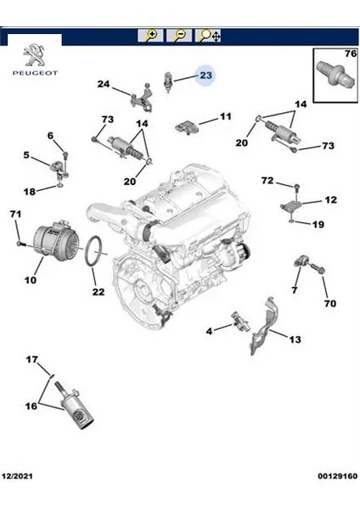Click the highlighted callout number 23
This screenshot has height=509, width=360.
[205, 76]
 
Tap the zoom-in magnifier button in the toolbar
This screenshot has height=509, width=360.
[150, 36]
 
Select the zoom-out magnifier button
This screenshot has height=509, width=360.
[179, 36]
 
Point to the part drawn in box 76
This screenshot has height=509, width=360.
[335, 74]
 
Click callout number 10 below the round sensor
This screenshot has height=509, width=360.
[31, 280]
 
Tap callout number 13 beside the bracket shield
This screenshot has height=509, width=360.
[295, 339]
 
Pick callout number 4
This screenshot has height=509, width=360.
[209, 331]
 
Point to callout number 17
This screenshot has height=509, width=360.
[32, 360]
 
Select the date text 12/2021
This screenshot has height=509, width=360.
[17, 476]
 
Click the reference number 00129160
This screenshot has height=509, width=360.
[338, 476]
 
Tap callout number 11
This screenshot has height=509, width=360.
[226, 116]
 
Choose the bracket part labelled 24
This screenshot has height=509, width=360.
[143, 98]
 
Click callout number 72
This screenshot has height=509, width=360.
[267, 180]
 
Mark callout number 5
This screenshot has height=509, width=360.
[26, 155]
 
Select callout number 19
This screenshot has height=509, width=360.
[318, 224]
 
